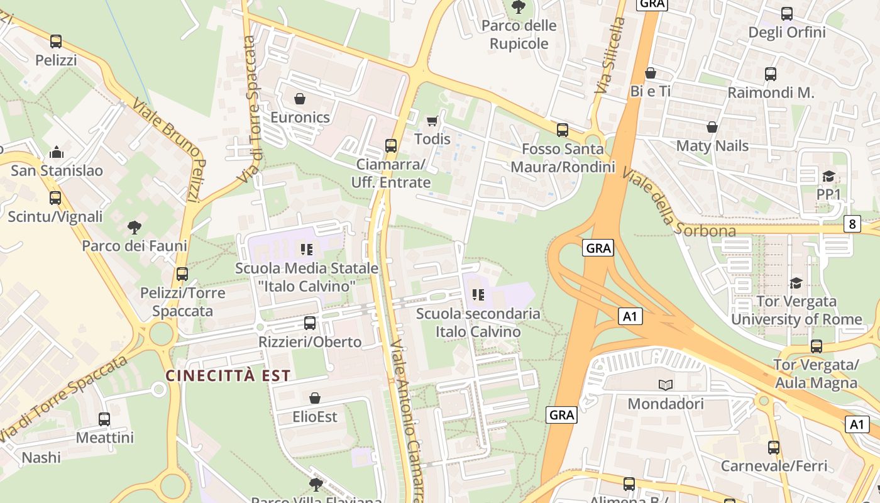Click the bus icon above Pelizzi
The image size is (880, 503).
[x=56, y=41]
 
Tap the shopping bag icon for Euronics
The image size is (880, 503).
[x=300, y=99]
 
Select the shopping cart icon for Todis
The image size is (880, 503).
[x=432, y=121]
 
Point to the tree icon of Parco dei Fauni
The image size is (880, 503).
[x=134, y=227]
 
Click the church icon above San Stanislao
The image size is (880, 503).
[x=57, y=152]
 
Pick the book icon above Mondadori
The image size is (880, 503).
[x=665, y=385]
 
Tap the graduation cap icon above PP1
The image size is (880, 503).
[x=828, y=177]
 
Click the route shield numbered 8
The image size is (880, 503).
[x=852, y=224]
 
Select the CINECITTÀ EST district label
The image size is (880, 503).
[x=228, y=376]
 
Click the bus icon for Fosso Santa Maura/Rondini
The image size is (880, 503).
[x=563, y=130]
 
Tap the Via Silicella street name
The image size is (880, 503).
[x=610, y=56]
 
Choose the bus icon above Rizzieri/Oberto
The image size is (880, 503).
[x=310, y=323]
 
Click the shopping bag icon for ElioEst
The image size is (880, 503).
[x=315, y=398]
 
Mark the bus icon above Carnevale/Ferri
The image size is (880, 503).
[x=774, y=448]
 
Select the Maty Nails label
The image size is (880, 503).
[x=712, y=146]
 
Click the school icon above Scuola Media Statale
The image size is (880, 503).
[x=307, y=250]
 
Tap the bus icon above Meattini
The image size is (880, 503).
[x=104, y=419]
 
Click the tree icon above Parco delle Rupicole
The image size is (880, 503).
[x=519, y=8]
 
